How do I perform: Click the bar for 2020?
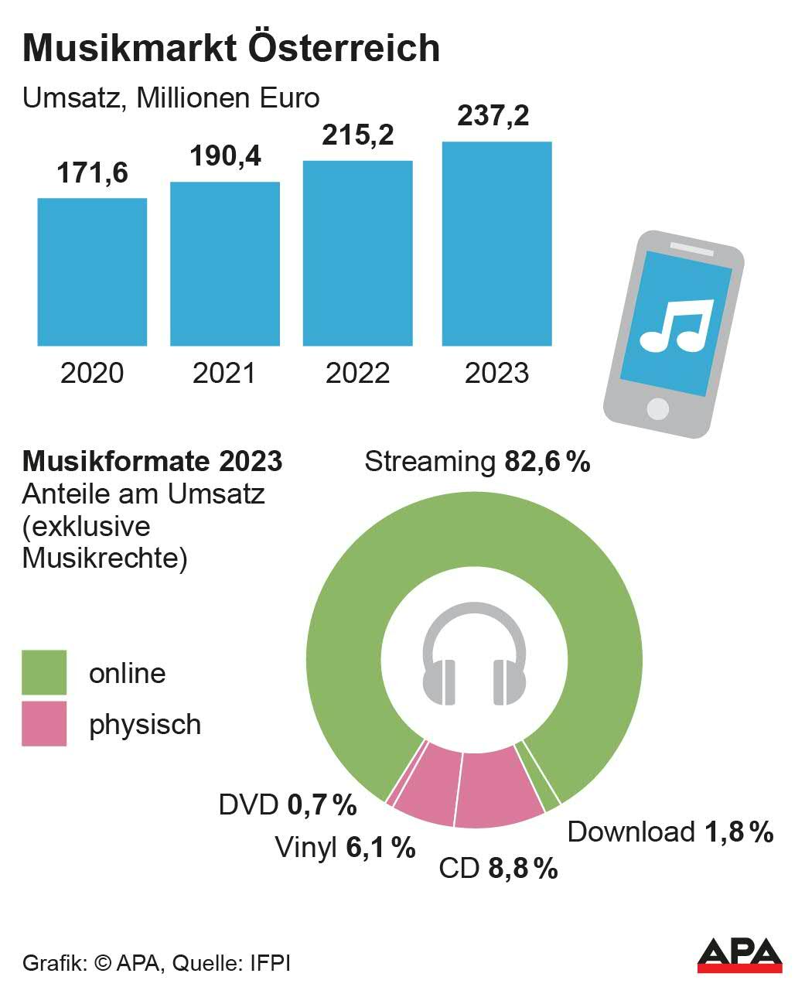tap(92, 272)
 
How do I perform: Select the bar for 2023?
tap(496, 244)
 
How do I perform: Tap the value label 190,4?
tap(225, 156)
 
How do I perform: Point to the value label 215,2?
tap(357, 135)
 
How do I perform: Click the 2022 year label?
tap(357, 374)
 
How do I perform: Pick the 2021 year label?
tap(224, 374)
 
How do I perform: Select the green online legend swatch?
tap(44, 672)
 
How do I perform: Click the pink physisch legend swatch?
tap(44, 724)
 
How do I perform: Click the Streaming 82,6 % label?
tap(477, 462)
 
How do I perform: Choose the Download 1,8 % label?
tap(670, 832)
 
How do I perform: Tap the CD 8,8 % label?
tap(498, 869)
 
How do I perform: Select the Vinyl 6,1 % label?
tap(345, 848)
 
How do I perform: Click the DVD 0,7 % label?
tap(288, 805)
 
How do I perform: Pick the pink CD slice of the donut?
tap(496, 787)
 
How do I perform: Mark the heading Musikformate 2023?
tap(152, 462)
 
